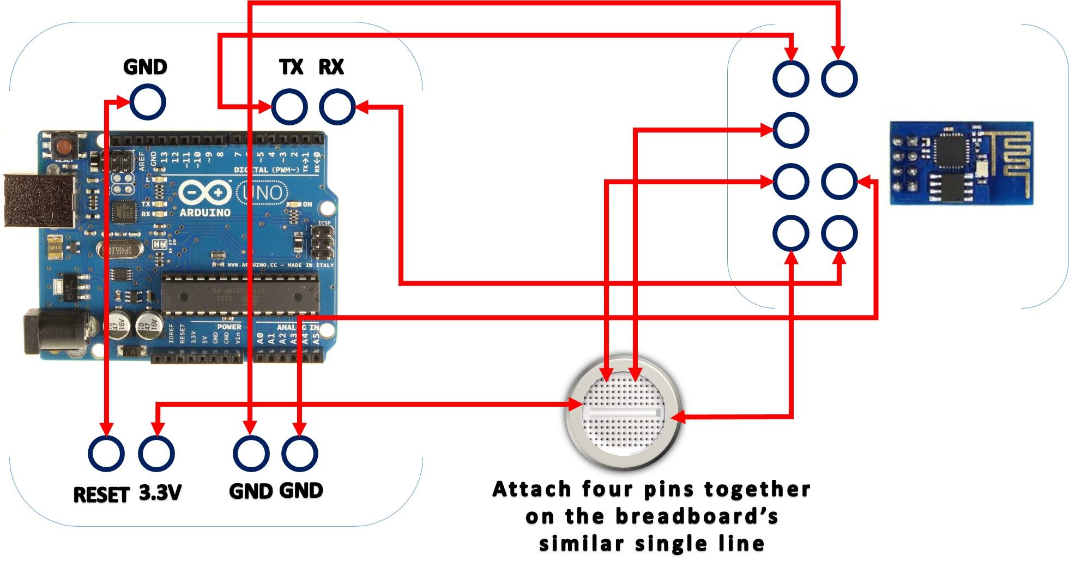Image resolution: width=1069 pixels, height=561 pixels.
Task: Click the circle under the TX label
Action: (289, 106)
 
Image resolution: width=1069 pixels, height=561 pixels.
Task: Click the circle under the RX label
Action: (337, 106)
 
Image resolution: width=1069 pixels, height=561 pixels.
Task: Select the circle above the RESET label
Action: (106, 454)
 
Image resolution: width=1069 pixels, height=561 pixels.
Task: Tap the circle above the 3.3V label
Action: (156, 454)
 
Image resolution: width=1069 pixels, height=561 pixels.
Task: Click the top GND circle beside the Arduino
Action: (147, 102)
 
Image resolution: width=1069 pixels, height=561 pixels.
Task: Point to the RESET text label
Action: (101, 494)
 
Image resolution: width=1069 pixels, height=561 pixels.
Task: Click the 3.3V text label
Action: (159, 493)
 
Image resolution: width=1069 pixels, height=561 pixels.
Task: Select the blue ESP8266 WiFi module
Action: (962, 163)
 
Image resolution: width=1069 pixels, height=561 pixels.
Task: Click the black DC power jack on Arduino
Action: (55, 331)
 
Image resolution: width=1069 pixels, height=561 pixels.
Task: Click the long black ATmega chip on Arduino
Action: (240, 294)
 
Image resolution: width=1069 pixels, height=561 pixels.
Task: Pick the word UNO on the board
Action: (263, 192)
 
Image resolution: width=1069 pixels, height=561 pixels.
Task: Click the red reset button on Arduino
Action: (64, 146)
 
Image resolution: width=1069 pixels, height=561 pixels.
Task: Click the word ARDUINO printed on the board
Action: (205, 213)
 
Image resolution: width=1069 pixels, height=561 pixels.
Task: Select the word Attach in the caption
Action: (532, 489)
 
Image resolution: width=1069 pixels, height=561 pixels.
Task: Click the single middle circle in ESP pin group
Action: (790, 130)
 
